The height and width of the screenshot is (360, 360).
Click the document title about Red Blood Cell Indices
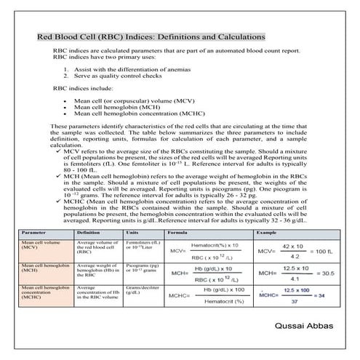tap(151, 37)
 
